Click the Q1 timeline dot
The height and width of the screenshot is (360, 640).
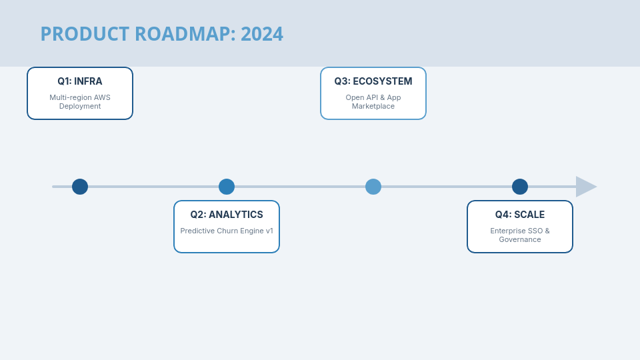coord(80,187)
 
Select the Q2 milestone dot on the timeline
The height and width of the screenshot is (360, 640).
coord(227,187)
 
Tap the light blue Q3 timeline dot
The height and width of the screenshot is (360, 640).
coord(373,187)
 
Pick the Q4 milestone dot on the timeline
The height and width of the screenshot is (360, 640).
coord(520,187)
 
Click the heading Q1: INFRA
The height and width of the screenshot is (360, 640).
coord(80,81)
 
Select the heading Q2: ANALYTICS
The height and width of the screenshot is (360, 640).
coord(227,215)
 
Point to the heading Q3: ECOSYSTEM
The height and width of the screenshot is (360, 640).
coord(373,81)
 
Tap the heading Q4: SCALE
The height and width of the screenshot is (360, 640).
coord(520,215)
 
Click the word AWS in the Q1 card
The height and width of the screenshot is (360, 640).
coord(102,97)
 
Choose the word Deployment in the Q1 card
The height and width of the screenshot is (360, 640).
coord(80,106)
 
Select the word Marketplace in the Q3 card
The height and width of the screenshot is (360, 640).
coord(373,106)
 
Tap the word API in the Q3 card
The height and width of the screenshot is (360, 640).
coord(373,97)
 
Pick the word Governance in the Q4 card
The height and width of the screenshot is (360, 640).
coord(520,239)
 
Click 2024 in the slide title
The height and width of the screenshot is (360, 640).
coord(262,34)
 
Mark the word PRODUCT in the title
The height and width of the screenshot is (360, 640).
coord(85,34)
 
